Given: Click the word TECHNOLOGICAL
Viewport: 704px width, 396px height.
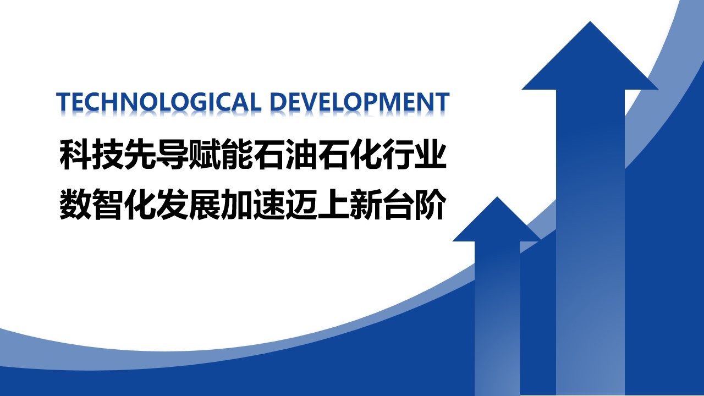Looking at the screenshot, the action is tap(159, 102).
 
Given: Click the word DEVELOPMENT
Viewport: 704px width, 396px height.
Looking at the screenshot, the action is tap(360, 102).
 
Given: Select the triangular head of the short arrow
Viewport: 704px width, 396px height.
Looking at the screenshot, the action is tap(497, 219).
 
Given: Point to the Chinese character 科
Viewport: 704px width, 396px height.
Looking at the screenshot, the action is tap(75, 154).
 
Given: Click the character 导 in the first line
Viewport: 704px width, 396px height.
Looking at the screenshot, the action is tap(172, 154).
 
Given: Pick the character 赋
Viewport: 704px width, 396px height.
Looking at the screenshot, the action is tap(204, 154).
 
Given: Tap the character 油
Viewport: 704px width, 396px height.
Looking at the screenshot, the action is tap(301, 154).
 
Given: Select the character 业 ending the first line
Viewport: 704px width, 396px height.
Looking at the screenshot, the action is tap(430, 154).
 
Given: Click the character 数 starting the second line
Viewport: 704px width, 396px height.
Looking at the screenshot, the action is tap(75, 204).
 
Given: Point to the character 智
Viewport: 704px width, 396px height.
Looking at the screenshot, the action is tap(107, 204).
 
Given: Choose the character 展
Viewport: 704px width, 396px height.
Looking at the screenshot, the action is tap(204, 204).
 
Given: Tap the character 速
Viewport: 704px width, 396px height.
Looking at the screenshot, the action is tap(269, 204).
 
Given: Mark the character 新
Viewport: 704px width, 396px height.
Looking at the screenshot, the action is tap(366, 204).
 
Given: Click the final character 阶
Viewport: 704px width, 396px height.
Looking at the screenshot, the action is tap(430, 204).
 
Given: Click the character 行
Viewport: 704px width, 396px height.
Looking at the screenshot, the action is tap(398, 154).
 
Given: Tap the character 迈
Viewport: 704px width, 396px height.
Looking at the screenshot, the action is tap(301, 204).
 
